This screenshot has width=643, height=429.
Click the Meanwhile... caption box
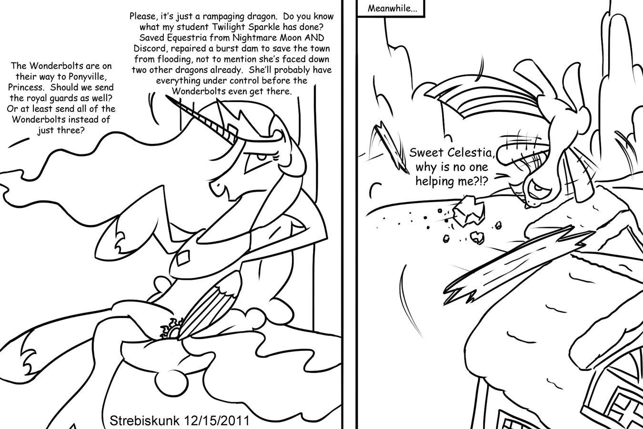click(391, 8)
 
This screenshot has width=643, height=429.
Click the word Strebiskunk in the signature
click(145, 421)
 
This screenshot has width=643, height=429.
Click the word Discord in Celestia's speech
click(149, 48)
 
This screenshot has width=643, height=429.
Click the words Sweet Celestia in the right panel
click(452, 152)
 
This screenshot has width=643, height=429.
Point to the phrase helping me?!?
click(452, 181)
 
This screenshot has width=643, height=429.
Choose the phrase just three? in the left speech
click(61, 130)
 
